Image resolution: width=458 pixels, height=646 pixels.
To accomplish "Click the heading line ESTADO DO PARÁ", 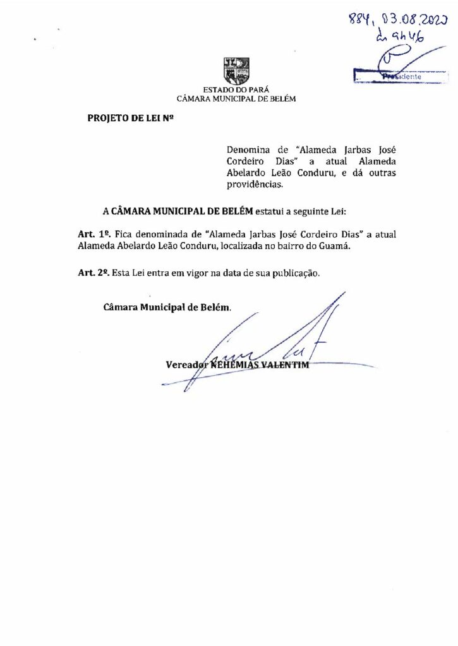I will tap(236, 90).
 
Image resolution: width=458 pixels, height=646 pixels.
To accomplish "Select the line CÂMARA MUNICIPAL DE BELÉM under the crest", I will tap(236, 98).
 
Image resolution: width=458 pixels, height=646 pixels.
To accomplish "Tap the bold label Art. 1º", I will tap(90, 234).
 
